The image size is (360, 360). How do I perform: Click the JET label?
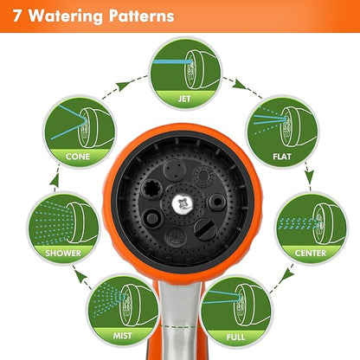(183, 99)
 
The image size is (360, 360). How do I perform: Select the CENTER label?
(310, 254)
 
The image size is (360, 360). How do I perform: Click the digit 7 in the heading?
(13, 16)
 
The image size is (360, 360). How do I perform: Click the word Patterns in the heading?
(136, 16)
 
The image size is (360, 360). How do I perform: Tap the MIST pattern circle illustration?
(122, 305)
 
